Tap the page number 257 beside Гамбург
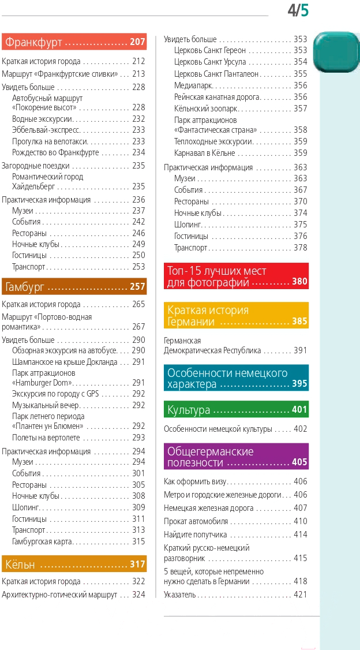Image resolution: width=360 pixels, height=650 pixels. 137,286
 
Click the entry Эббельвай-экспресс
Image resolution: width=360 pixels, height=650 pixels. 46,130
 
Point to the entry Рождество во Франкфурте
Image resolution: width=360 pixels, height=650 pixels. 55,152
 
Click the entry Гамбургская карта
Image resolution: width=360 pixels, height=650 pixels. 42,541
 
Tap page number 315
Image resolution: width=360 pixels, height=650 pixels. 138,541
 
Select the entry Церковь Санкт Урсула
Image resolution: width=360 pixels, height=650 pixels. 210,62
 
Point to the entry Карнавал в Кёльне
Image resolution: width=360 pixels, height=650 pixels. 205,154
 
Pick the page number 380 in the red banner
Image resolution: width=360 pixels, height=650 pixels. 299,282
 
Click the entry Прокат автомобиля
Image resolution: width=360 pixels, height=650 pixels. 196,521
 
